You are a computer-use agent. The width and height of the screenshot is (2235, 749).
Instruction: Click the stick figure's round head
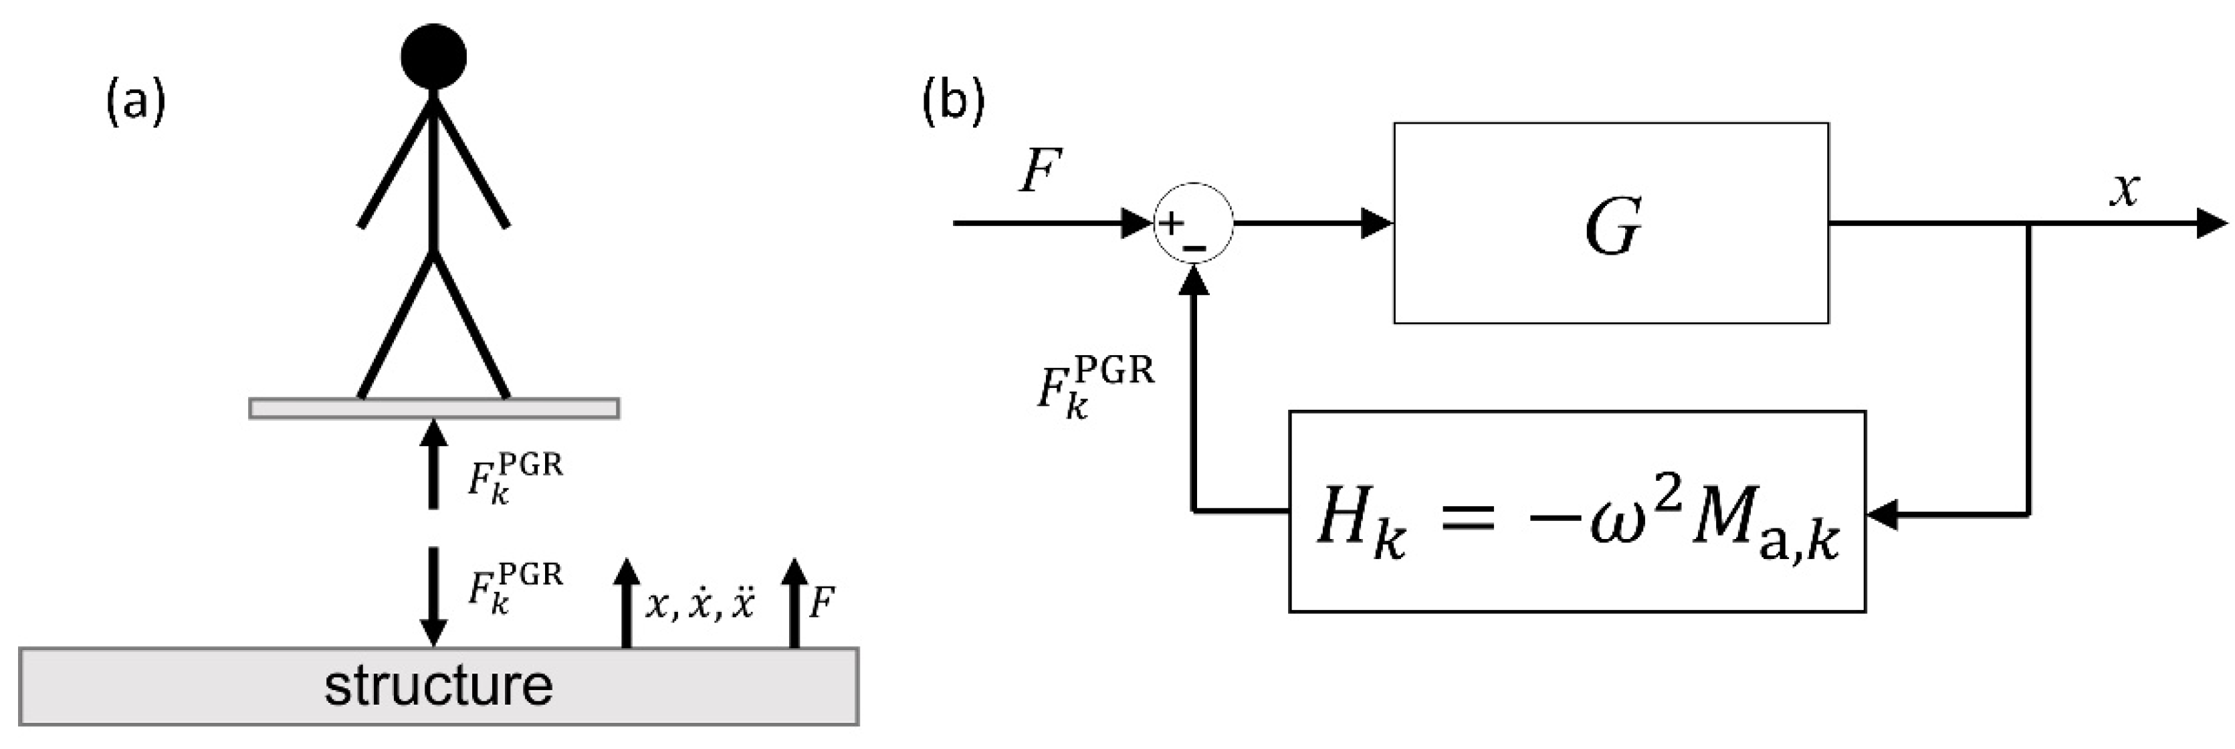click(434, 56)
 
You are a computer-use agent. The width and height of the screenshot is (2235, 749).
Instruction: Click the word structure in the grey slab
click(438, 685)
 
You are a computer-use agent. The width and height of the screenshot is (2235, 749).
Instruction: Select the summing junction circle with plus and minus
click(1193, 224)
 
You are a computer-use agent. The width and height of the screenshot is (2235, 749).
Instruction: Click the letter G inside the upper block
click(1612, 227)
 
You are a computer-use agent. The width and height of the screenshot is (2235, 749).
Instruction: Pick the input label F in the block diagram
click(1039, 172)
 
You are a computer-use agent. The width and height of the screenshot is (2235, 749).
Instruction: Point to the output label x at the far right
click(2125, 189)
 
